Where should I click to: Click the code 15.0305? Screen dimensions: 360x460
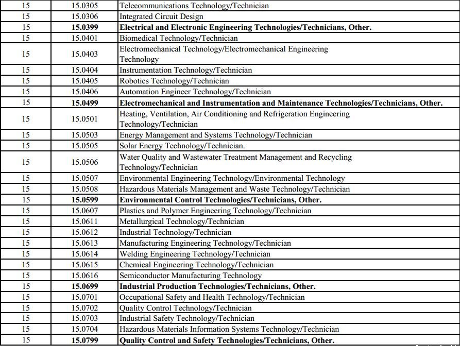pos(85,6)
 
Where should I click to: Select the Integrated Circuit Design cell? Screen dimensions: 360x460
pos(161,16)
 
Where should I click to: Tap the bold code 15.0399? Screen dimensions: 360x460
pos(85,27)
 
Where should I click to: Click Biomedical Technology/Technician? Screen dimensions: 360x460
pos(179,38)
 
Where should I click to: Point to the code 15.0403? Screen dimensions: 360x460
pos(85,54)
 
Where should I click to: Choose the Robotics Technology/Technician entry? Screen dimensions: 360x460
pos(174,81)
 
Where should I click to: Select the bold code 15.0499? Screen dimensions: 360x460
pos(85,103)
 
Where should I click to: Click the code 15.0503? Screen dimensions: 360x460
pos(85,135)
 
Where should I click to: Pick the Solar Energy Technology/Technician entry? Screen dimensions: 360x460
pos(182,146)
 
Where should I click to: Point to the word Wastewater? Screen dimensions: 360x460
pos(194,157)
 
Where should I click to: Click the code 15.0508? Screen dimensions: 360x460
pos(85,189)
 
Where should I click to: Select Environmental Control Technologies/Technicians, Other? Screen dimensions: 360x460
pos(220,200)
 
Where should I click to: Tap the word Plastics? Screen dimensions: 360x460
pos(132,211)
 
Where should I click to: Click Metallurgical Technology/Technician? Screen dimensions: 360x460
pos(182,221)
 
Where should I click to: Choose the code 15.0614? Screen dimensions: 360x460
pos(85,254)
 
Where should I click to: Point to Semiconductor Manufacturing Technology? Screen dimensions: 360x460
pos(191,276)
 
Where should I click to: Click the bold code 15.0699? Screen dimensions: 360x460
pos(85,286)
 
